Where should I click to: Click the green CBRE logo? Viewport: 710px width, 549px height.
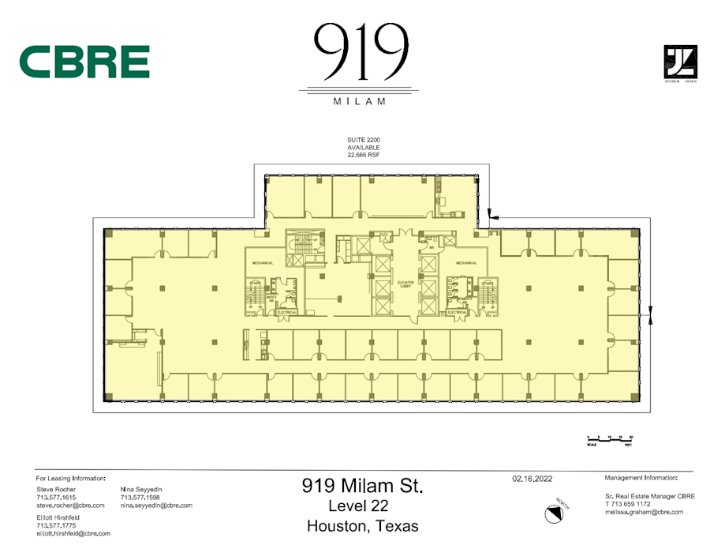[x=84, y=62]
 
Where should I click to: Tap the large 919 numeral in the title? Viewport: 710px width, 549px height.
[x=361, y=51]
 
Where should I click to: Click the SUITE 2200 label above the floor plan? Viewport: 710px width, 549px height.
[x=364, y=139]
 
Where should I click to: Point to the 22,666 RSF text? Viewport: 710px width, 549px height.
[x=364, y=156]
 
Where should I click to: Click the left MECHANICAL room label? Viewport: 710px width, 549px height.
[x=263, y=263]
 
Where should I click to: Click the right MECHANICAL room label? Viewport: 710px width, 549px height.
[x=466, y=263]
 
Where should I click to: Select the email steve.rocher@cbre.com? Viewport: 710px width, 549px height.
[x=71, y=505]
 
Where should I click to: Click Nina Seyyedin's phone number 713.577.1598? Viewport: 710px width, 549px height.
[x=141, y=498]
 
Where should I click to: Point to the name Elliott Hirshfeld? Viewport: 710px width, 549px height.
[x=58, y=517]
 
